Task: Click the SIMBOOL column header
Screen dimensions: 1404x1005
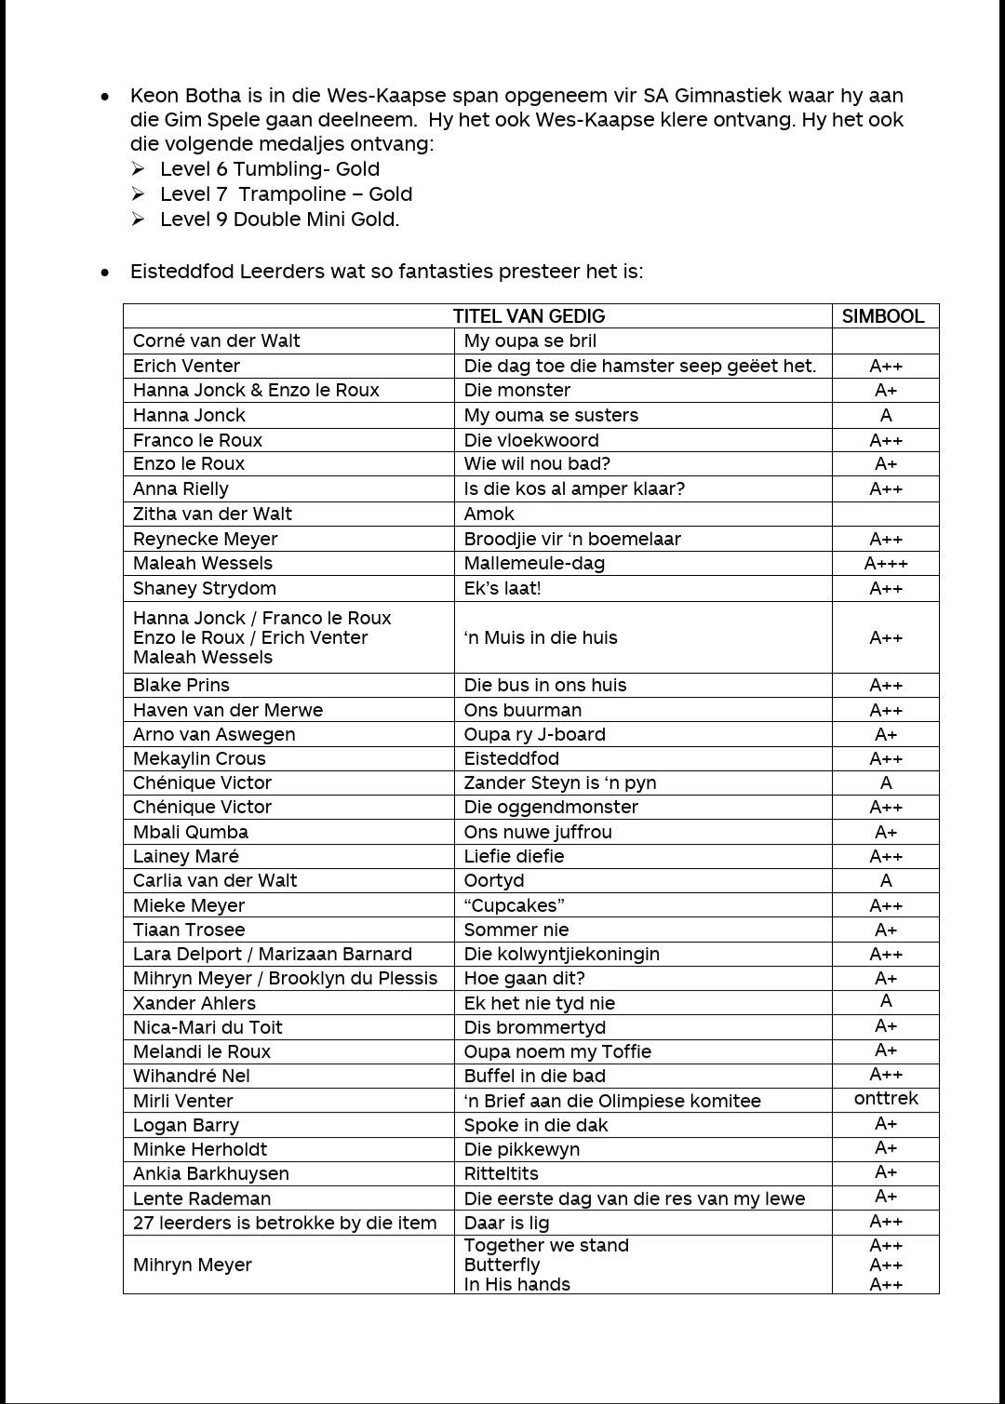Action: pos(882,316)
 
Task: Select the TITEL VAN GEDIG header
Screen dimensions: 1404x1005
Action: pos(529,316)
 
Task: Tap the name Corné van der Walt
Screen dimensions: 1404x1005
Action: pos(216,341)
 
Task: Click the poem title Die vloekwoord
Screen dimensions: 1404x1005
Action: pos(531,440)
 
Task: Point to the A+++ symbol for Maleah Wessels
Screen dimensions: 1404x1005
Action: pos(886,563)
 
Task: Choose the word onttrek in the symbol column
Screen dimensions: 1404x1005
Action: pos(886,1099)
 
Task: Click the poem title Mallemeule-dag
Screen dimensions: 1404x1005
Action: pos(534,563)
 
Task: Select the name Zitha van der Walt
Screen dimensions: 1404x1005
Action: pos(212,514)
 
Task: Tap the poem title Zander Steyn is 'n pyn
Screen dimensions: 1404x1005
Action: pos(560,782)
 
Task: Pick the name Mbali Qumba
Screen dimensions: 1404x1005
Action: pos(191,832)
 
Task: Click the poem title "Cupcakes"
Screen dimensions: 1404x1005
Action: pos(515,905)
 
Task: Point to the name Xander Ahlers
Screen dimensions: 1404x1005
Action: pos(194,1003)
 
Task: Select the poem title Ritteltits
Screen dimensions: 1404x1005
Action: pos(501,1173)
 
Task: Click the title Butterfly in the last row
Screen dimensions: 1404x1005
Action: pos(502,1264)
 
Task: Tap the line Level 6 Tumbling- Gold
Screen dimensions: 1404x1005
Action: pos(270,169)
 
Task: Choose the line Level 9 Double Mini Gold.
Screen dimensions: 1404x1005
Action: pos(279,220)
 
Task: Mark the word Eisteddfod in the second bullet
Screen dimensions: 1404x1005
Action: pos(182,272)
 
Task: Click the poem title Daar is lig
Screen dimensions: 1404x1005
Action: pos(506,1223)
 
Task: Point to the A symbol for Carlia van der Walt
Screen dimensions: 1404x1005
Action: pos(886,880)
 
